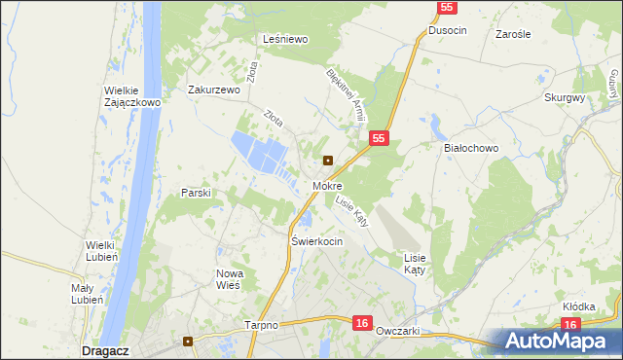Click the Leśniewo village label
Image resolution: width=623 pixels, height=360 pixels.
(285, 39)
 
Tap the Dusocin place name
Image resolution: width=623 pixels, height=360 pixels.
(447, 30)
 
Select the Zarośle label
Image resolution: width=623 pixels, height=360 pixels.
(512, 33)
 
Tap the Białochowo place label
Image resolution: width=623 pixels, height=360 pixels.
(470, 148)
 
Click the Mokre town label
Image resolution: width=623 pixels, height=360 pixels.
(326, 185)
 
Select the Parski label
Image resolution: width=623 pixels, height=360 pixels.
(196, 193)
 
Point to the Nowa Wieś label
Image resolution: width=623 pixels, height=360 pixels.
(229, 279)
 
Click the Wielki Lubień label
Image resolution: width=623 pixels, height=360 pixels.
(102, 250)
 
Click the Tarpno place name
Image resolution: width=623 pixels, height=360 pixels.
(262, 326)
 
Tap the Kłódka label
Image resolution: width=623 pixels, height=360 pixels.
(578, 306)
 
